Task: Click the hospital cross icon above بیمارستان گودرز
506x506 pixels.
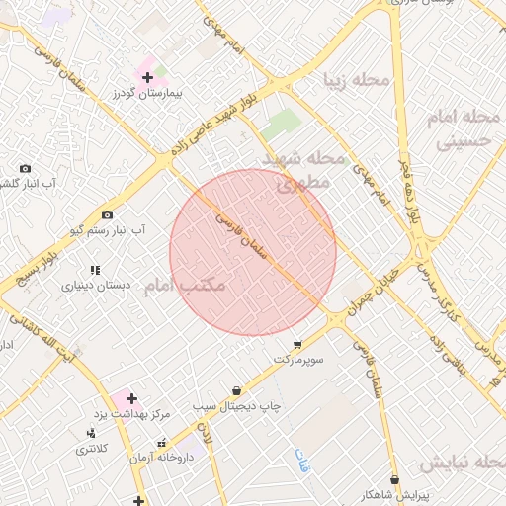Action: pos(147,76)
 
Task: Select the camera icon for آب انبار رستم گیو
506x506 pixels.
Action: pos(107,214)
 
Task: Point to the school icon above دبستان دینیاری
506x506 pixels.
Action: pos(95,270)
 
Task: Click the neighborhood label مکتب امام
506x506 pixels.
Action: pos(185,286)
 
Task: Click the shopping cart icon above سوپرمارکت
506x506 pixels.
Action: pos(297,345)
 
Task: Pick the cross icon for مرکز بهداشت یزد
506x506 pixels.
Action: pos(131,397)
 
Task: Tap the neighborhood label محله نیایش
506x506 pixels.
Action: pos(462,463)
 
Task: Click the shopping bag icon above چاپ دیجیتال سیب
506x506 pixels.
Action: pos(236,390)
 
